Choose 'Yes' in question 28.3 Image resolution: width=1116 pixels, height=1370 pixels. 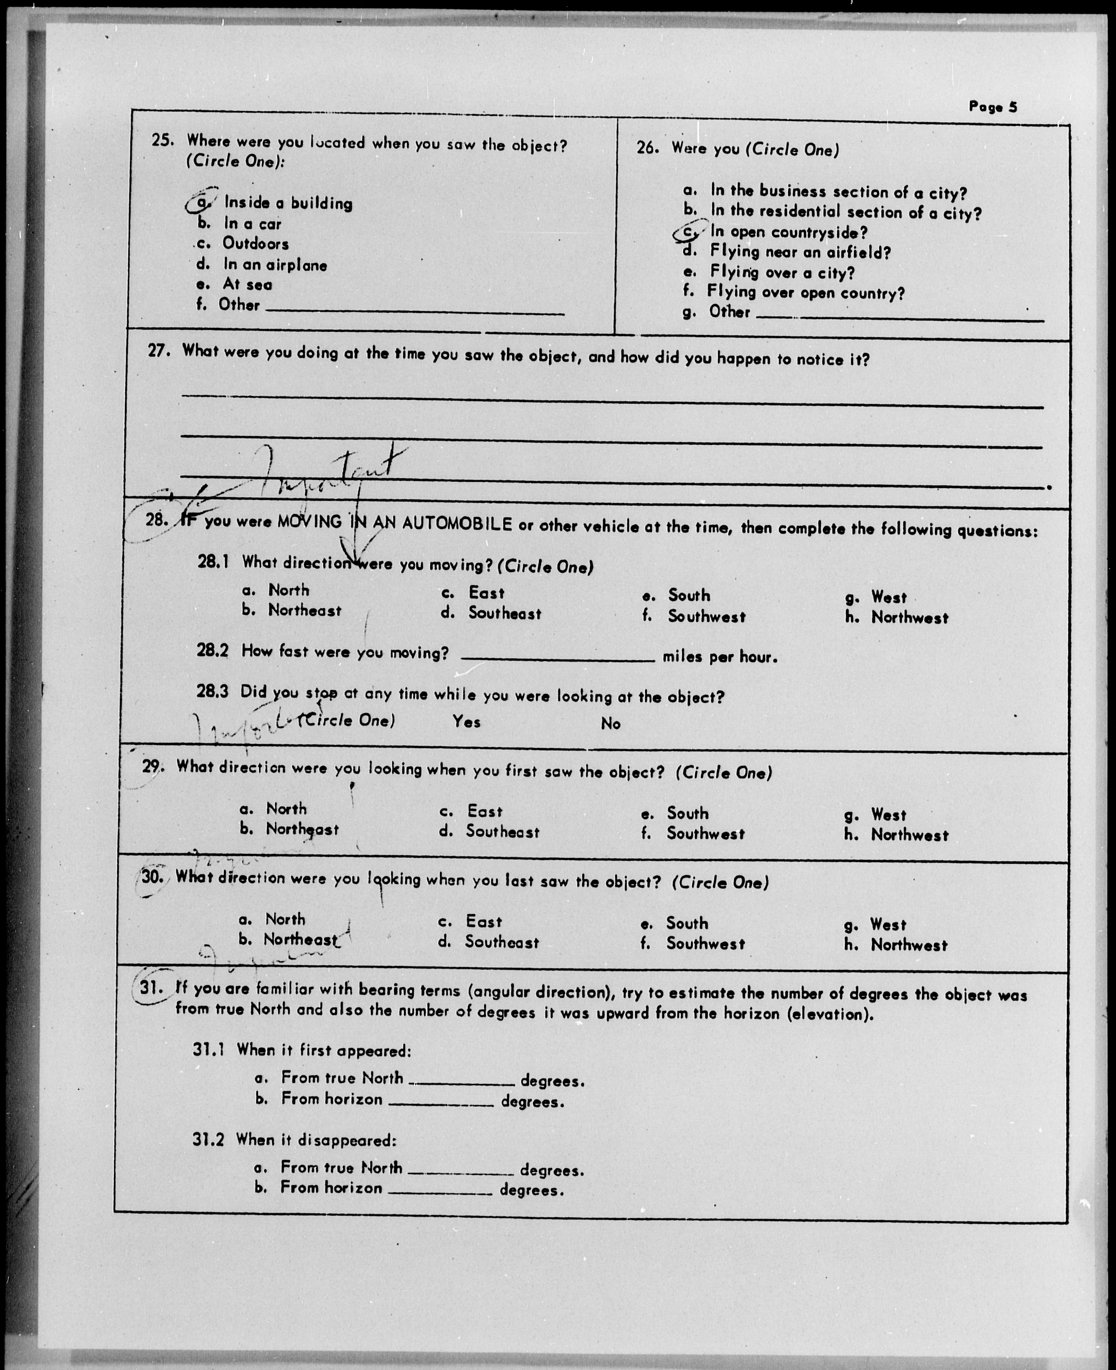466,722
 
